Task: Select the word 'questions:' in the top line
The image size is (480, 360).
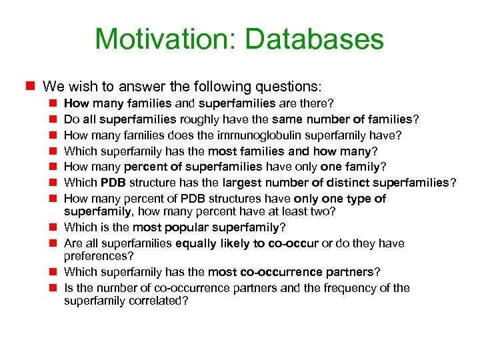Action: [x=289, y=87]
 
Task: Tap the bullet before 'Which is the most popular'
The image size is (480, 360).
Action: [x=53, y=227]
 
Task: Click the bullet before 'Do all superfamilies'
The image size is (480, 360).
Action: [x=53, y=119]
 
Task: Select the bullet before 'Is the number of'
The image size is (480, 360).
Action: [x=53, y=288]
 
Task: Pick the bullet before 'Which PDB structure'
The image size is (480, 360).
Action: [x=53, y=183]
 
